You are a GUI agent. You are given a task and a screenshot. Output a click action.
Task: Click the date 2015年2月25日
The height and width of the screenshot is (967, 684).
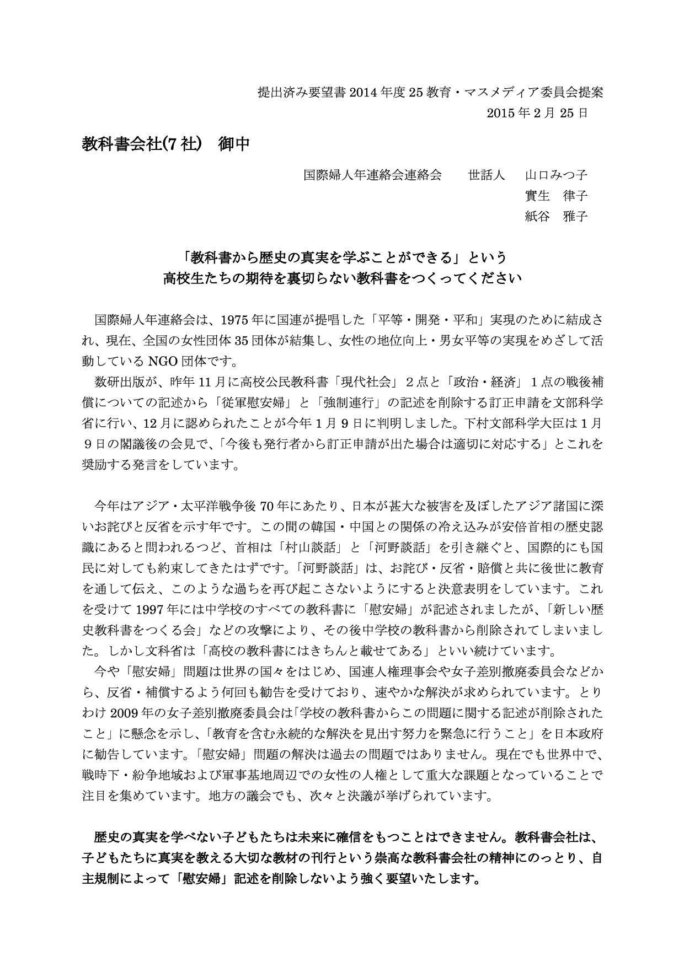tap(537, 113)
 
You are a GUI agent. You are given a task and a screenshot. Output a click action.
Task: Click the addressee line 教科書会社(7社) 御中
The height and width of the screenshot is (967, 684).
tap(165, 144)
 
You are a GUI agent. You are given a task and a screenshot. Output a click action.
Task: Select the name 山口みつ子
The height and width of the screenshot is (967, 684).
tap(555, 175)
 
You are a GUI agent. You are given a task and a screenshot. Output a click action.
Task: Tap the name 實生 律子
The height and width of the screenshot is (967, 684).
tap(555, 196)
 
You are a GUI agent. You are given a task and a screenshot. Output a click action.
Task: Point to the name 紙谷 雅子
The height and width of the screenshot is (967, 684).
tap(555, 216)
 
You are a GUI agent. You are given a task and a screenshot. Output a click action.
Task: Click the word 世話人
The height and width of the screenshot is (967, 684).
tap(487, 175)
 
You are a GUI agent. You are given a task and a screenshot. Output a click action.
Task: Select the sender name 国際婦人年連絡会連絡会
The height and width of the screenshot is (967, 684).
tap(373, 175)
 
